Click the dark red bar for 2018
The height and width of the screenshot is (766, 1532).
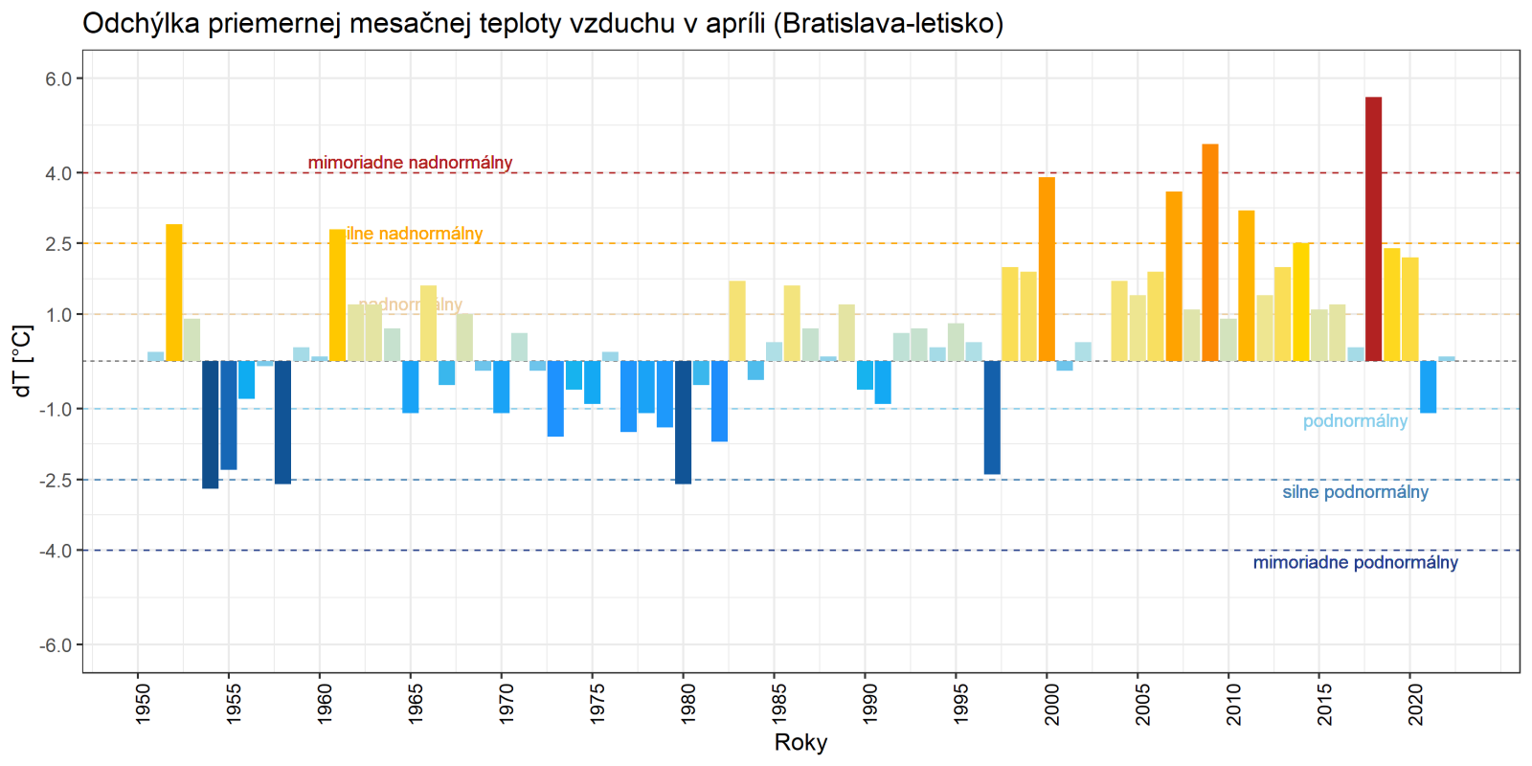(1373, 230)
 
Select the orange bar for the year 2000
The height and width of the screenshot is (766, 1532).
(1047, 269)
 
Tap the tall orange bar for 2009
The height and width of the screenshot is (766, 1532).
(1210, 253)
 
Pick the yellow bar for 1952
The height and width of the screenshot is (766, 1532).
(174, 293)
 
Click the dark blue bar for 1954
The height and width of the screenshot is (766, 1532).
(211, 424)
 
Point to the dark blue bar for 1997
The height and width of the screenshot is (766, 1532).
(992, 417)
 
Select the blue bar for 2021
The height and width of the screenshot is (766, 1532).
(1428, 387)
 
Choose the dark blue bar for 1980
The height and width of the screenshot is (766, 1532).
(683, 422)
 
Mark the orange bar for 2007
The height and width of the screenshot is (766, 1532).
(1174, 277)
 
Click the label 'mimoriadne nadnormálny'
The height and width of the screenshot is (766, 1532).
(410, 163)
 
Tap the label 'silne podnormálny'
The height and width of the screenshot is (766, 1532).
(1355, 492)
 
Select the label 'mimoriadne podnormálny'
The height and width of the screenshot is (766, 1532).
(1355, 563)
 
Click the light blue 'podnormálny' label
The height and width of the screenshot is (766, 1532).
(1355, 421)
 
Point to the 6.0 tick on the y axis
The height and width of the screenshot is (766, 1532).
(59, 79)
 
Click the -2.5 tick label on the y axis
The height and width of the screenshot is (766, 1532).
(56, 480)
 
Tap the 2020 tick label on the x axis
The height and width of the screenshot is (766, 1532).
(1415, 702)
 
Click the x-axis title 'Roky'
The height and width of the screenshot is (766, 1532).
(800, 743)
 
